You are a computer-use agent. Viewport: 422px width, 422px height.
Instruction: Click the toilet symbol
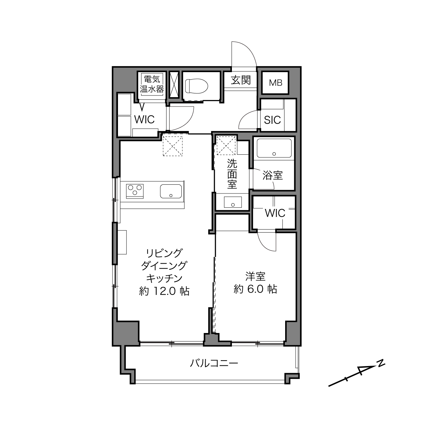[197, 86]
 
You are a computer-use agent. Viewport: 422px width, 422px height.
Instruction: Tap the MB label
[275, 83]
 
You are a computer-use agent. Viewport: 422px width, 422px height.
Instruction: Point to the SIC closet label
[272, 120]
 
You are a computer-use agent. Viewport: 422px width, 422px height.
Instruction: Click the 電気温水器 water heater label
[152, 84]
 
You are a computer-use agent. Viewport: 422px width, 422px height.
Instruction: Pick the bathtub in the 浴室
[274, 148]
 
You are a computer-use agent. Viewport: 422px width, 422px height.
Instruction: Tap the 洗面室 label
[232, 174]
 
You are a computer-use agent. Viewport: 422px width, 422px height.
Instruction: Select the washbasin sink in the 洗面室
[233, 202]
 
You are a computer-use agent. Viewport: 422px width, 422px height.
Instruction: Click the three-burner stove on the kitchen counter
[135, 191]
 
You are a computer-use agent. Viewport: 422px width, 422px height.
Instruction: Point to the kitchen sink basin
[171, 191]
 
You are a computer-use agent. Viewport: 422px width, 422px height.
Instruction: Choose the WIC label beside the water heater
[144, 120]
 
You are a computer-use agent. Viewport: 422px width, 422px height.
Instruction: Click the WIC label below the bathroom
[275, 213]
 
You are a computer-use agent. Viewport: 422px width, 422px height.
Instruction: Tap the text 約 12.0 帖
[164, 291]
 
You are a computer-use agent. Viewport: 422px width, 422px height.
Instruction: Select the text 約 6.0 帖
[255, 289]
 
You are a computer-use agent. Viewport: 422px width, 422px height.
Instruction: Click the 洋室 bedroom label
[255, 276]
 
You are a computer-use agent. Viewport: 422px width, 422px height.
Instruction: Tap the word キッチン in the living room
[164, 278]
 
